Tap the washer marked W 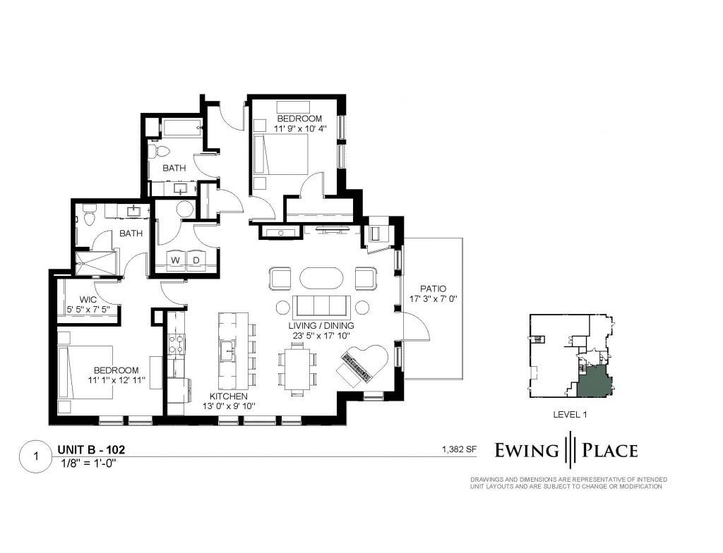pos(175,260)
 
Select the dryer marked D pos(196,260)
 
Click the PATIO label pos(434,289)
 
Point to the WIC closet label pos(88,300)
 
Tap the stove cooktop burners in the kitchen pos(176,344)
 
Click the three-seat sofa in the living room pos(321,306)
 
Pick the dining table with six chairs pos(298,370)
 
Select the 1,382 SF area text pos(459,449)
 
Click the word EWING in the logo pos(527,450)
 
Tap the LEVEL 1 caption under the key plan pos(570,415)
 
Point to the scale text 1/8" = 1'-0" pos(88,463)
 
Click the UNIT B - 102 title pos(91,449)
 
